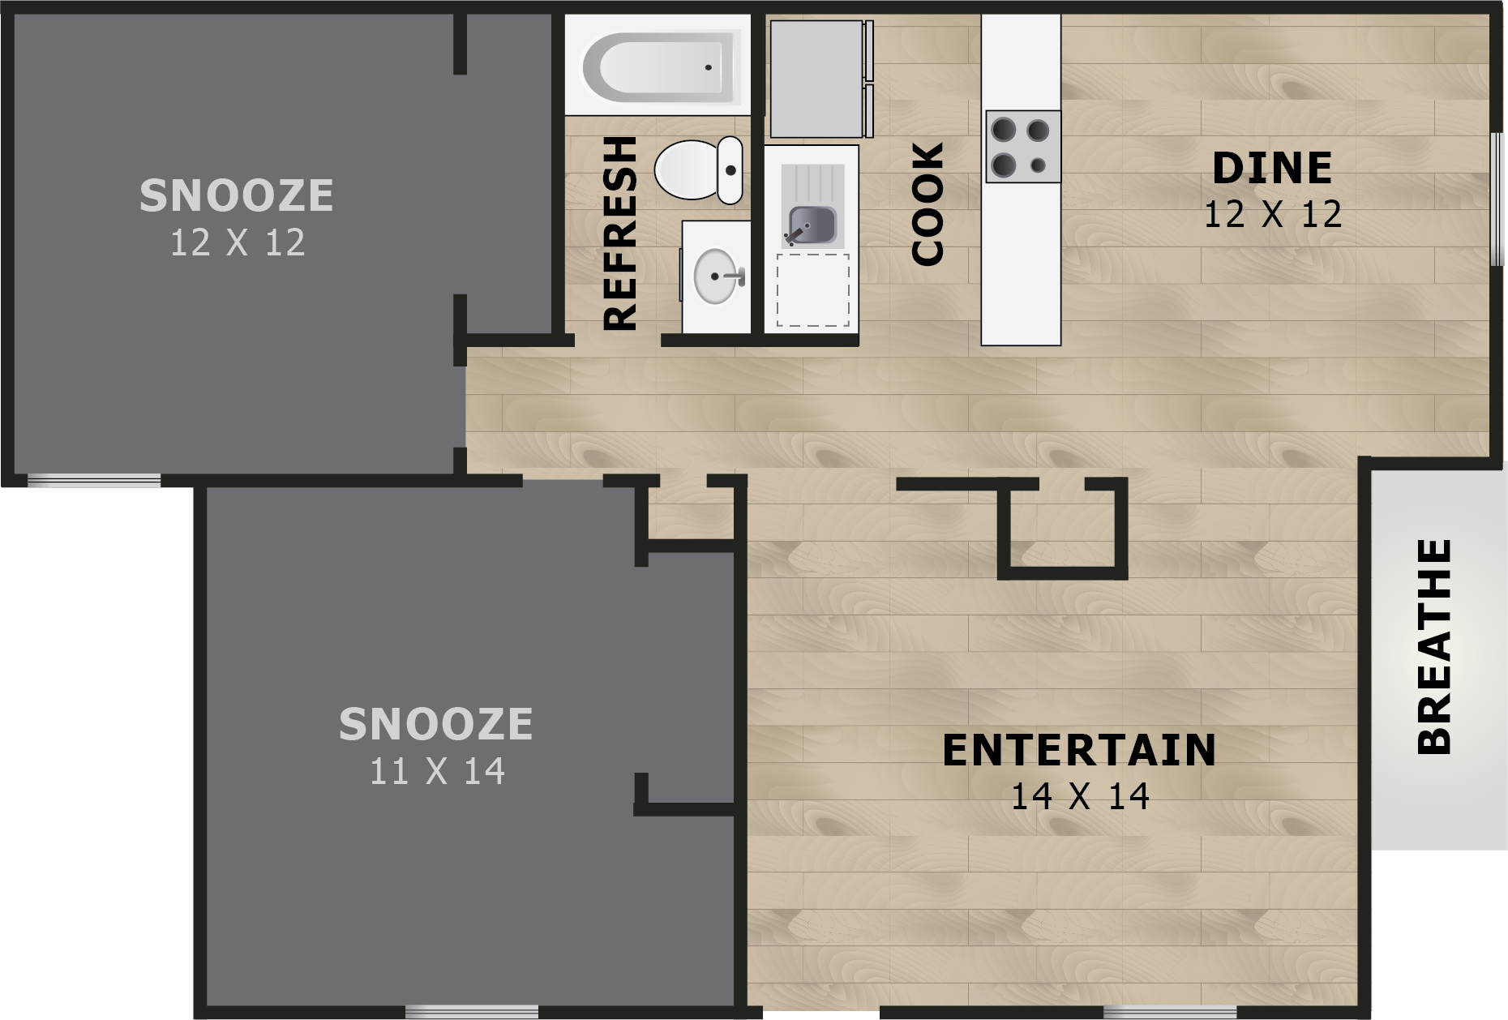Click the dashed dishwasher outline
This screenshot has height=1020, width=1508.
click(812, 290)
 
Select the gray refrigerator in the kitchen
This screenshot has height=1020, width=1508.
click(816, 79)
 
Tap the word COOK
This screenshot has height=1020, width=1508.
click(928, 204)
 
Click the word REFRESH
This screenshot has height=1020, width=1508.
click(622, 234)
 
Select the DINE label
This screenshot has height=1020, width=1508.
click(1272, 169)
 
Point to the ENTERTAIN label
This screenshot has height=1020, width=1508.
click(1079, 750)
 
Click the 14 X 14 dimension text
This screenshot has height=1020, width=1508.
click(1079, 797)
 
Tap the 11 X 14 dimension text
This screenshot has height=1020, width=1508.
click(437, 771)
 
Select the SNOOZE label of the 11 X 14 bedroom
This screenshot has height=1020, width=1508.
click(436, 724)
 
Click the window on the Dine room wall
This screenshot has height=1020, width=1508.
click(1497, 199)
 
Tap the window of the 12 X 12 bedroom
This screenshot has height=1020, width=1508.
click(94, 481)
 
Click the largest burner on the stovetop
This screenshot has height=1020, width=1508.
click(1004, 131)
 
